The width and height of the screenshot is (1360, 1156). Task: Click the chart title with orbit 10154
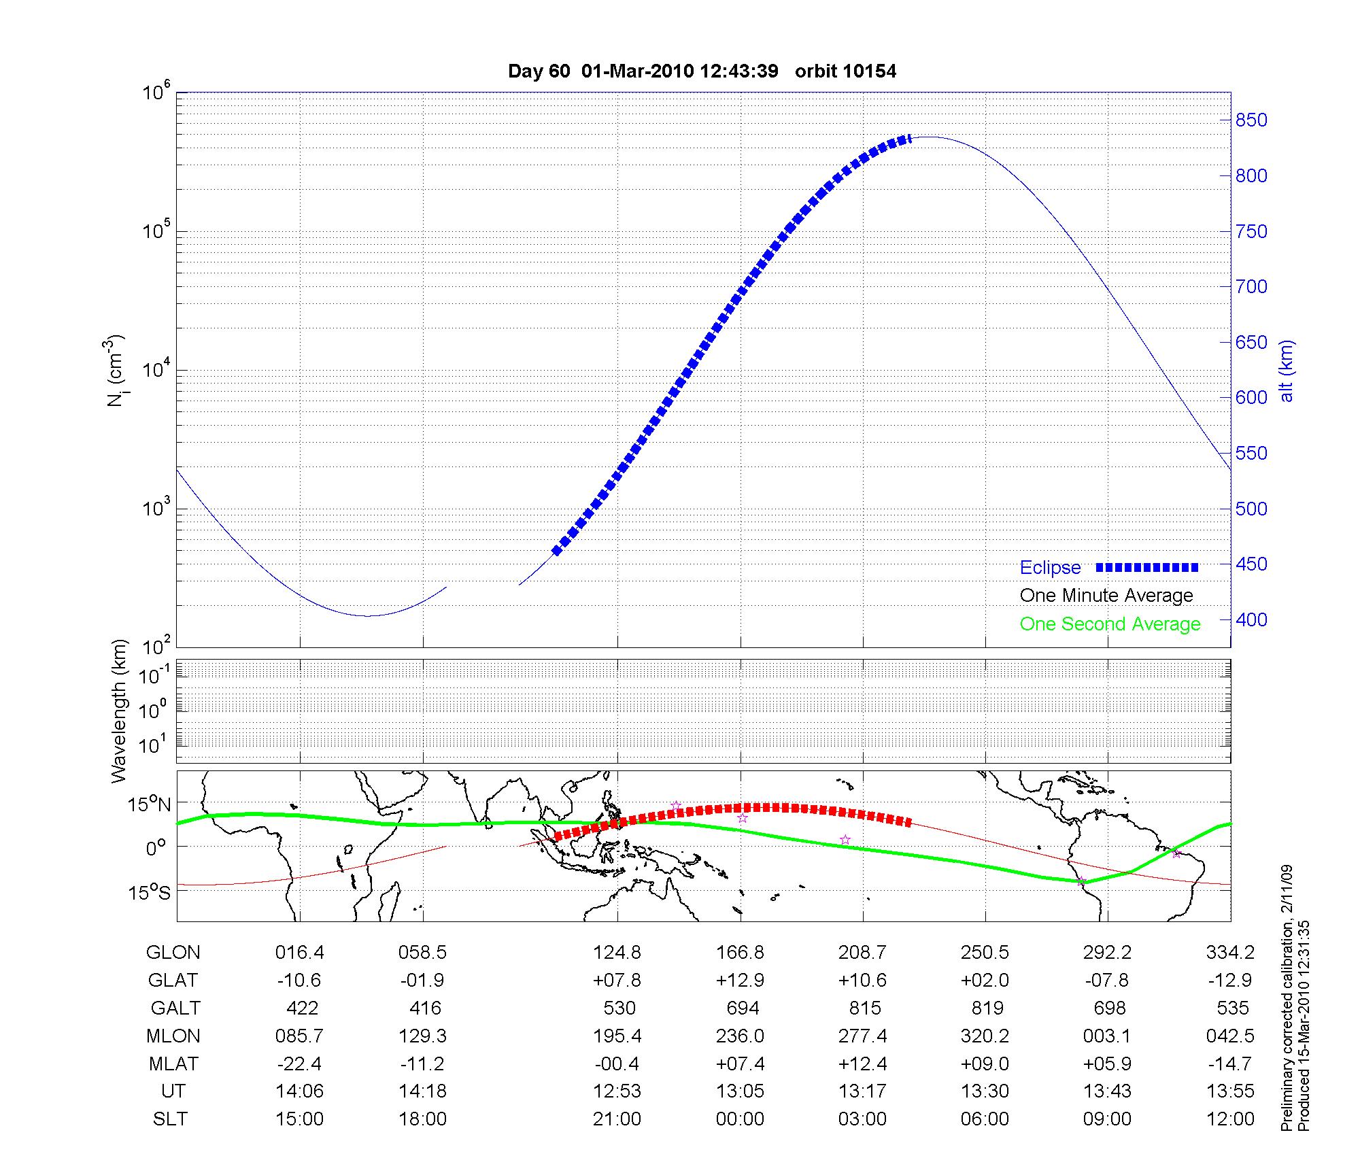pyautogui.click(x=702, y=71)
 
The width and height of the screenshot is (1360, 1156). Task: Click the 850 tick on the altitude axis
pyautogui.click(x=1251, y=120)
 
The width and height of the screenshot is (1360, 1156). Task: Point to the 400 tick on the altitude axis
pyautogui.click(x=1251, y=619)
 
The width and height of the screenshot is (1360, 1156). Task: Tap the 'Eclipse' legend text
pyautogui.click(x=1050, y=567)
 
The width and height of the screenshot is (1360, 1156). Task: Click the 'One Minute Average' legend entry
pyautogui.click(x=1106, y=596)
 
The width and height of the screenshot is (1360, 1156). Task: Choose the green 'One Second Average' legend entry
pyautogui.click(x=1110, y=624)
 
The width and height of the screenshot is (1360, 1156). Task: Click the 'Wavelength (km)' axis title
pyautogui.click(x=120, y=711)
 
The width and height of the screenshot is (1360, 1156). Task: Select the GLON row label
pyautogui.click(x=173, y=952)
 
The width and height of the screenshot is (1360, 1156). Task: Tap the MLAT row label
pyautogui.click(x=173, y=1064)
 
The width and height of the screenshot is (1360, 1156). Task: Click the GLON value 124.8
pyautogui.click(x=617, y=952)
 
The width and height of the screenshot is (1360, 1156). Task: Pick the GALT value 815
pyautogui.click(x=865, y=1008)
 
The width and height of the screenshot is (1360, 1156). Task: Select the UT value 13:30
pyautogui.click(x=985, y=1091)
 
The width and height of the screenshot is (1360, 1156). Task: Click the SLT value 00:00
pyautogui.click(x=740, y=1119)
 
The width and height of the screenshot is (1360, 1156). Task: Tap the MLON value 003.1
pyautogui.click(x=1107, y=1036)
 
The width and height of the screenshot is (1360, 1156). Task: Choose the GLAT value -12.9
pyautogui.click(x=1230, y=980)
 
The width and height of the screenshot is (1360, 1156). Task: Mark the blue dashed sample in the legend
pyautogui.click(x=1147, y=567)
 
